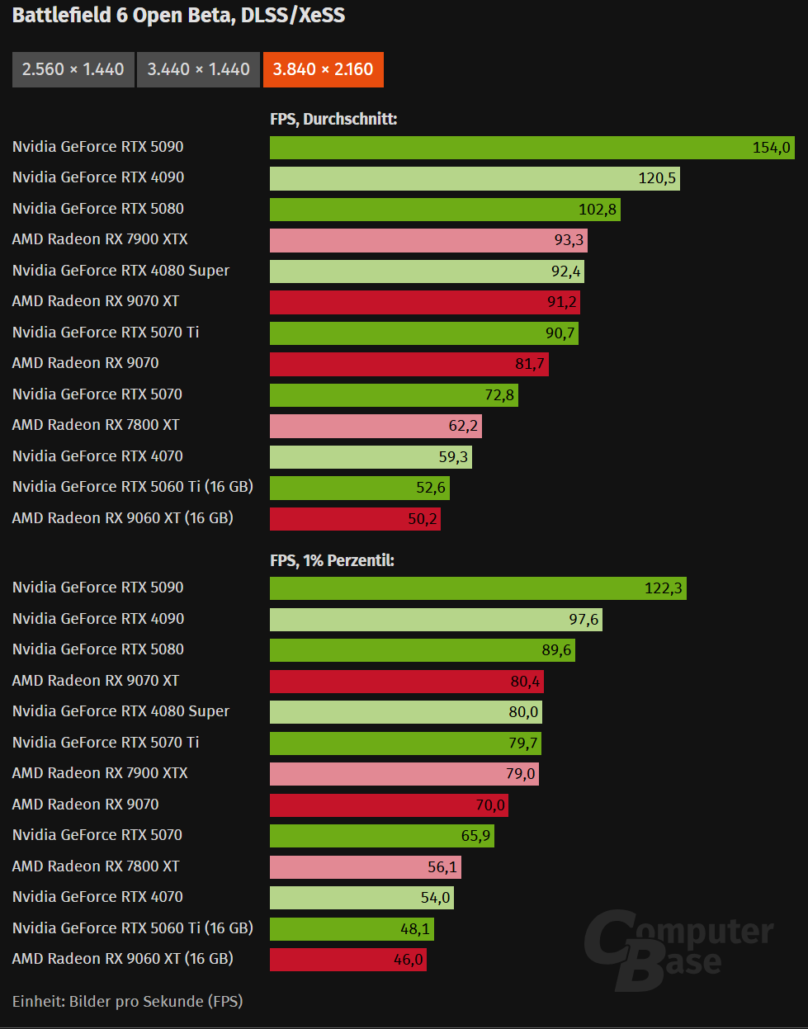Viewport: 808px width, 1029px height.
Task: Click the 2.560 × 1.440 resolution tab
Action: pos(73,69)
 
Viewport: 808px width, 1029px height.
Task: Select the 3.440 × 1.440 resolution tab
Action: pos(198,69)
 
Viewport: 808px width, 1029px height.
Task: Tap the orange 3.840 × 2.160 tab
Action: pos(323,69)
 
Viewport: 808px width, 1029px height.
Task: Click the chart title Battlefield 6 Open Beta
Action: pos(178,15)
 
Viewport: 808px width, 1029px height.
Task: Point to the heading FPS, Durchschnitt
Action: pos(333,119)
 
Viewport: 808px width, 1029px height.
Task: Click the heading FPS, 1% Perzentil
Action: pos(332,560)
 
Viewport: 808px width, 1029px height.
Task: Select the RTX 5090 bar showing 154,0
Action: pos(532,148)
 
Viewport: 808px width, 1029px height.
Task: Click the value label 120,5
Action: pos(657,178)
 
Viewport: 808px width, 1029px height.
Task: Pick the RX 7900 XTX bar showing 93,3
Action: pos(428,240)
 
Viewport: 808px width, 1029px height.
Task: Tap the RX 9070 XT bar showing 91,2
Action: pos(424,302)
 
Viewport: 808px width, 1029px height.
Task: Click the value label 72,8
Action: pos(499,395)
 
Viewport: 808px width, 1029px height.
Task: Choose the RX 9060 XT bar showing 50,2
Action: pos(355,519)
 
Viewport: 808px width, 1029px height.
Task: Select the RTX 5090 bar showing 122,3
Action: pos(478,588)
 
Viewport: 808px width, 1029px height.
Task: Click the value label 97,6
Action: pos(584,620)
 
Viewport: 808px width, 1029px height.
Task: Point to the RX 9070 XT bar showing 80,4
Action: pos(406,682)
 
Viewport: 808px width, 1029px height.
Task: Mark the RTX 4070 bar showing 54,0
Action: pos(361,898)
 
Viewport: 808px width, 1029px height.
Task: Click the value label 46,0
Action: pos(408,960)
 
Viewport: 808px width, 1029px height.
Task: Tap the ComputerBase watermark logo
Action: pos(678,949)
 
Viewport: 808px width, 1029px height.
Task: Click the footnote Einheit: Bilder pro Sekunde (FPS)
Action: pos(127,1001)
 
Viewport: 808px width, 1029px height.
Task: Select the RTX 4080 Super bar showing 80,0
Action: pos(405,712)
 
